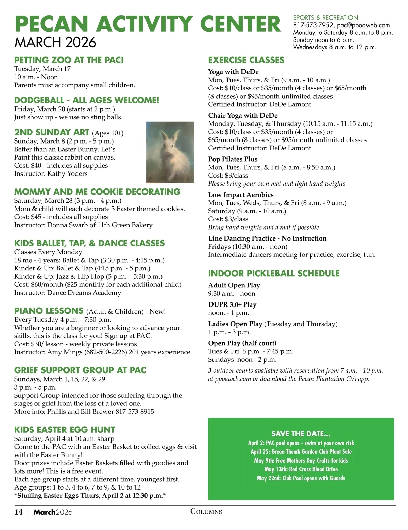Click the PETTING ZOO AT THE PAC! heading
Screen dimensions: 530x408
[x=69, y=60]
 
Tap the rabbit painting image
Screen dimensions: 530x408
[x=170, y=152]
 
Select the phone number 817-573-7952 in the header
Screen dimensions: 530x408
[x=313, y=25]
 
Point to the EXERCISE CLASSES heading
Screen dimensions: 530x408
[x=246, y=60]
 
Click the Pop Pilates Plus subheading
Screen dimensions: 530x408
[x=233, y=159]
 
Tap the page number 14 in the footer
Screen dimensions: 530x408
[x=18, y=512]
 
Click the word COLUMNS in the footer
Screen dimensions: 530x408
[x=206, y=511]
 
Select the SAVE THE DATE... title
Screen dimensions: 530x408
[x=301, y=434]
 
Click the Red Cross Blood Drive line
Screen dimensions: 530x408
[x=301, y=469]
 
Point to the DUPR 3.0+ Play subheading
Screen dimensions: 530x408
[x=232, y=305]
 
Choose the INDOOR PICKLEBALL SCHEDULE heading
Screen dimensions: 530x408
[x=274, y=274]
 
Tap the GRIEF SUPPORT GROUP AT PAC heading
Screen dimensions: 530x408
[x=80, y=370]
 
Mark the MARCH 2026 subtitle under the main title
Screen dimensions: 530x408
[x=55, y=43]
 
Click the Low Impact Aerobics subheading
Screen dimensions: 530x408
[x=241, y=195]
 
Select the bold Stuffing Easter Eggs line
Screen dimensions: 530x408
[x=90, y=495]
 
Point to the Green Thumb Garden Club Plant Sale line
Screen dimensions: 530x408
[x=301, y=452]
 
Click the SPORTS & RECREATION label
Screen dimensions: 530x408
[x=325, y=18]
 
